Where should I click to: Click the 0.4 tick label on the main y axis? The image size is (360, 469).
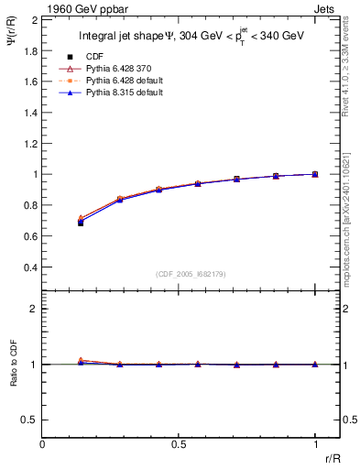click(29, 267)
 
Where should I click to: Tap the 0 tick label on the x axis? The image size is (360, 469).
click(43, 444)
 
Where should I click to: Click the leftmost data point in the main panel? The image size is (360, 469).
click(81, 222)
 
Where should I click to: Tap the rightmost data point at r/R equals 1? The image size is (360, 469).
click(315, 174)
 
